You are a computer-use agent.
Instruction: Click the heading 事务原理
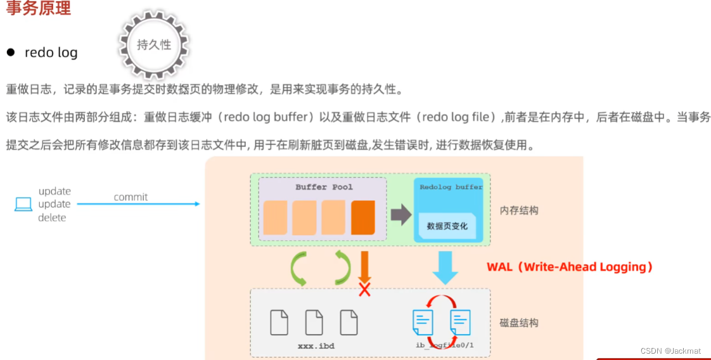click(38, 8)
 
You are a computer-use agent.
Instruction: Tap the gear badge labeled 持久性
click(154, 44)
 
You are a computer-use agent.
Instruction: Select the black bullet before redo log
click(11, 52)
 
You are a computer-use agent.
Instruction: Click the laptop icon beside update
click(23, 204)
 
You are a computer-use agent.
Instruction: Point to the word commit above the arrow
click(131, 197)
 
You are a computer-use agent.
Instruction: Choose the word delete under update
click(52, 217)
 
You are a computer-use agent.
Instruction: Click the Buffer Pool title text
click(324, 187)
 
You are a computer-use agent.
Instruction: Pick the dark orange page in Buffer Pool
click(363, 217)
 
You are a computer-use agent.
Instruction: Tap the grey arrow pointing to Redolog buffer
click(400, 214)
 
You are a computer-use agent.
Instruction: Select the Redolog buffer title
click(451, 187)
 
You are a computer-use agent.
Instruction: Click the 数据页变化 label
click(447, 226)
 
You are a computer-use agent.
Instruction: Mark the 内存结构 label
click(519, 210)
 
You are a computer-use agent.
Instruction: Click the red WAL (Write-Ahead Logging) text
click(570, 267)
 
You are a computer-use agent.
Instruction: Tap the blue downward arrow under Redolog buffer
click(445, 267)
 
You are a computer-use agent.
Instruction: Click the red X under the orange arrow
click(364, 290)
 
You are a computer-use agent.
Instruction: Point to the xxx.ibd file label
click(316, 346)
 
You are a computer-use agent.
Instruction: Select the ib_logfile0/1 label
click(444, 345)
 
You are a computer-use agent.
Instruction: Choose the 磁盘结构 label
click(519, 323)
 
